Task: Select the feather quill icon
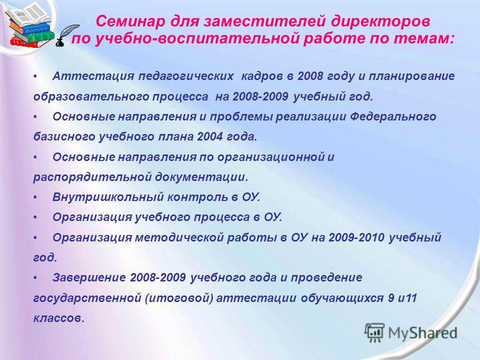click(67, 35)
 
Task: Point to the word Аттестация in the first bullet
click(93, 76)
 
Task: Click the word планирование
click(412, 76)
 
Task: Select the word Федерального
click(393, 116)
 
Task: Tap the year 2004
click(210, 137)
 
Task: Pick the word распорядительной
click(92, 177)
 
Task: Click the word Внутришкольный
click(107, 197)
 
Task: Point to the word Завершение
click(89, 278)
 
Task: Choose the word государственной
click(87, 298)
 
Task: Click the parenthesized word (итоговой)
click(179, 298)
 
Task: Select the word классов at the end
click(58, 319)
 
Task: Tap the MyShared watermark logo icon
click(374, 332)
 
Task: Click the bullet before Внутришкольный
click(35, 198)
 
